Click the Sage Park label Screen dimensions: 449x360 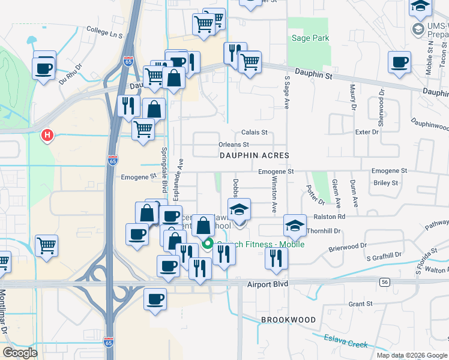tap(310, 38)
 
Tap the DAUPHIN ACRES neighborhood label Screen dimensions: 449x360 tap(254, 155)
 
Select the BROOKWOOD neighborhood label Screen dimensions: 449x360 tap(288, 320)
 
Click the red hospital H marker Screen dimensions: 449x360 tap(47, 136)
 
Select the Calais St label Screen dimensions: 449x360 tap(253, 132)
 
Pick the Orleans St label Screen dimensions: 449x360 tap(233, 145)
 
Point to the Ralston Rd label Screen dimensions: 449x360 tap(329, 217)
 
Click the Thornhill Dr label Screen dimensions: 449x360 tap(324, 230)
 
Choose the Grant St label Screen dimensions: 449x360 tap(361, 304)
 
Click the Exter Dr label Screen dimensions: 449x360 tap(367, 131)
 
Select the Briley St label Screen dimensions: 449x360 tap(386, 183)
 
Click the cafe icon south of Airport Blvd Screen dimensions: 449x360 tap(155, 298)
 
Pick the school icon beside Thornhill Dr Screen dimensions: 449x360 tap(295, 226)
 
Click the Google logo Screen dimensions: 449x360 tap(20, 353)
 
